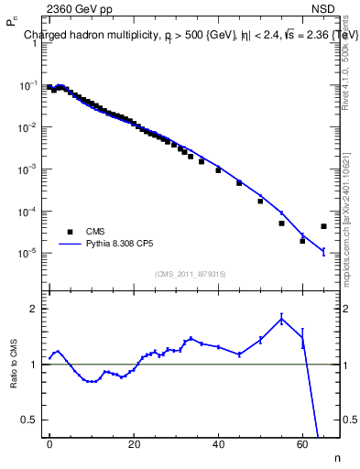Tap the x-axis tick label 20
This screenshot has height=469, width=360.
click(x=134, y=444)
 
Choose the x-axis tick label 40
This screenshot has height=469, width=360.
click(x=218, y=444)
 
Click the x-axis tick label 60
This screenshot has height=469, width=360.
click(x=302, y=444)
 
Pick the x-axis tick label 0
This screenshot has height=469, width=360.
click(x=49, y=444)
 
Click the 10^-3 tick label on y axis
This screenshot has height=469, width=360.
click(x=27, y=169)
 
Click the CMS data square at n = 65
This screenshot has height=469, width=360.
click(x=323, y=226)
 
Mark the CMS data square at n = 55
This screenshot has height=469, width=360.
click(x=281, y=223)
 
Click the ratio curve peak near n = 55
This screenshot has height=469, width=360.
click(x=281, y=318)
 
